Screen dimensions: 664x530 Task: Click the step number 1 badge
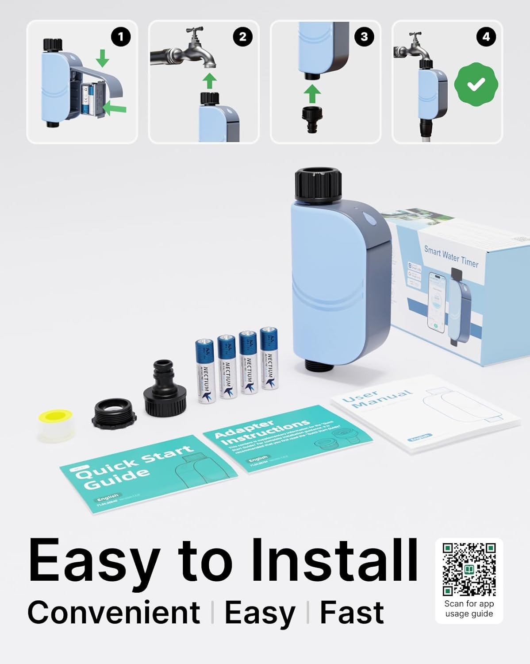point(121,37)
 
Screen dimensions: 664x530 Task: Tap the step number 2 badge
point(242,37)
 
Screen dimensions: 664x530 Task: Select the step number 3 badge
point(364,37)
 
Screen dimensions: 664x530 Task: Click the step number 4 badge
point(486,37)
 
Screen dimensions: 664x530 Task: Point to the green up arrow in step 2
point(211,81)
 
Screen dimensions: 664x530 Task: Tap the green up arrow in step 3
point(313,94)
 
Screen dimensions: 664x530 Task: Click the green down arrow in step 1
point(103,58)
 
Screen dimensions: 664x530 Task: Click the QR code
point(469,569)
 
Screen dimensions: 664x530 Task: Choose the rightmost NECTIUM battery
point(269,359)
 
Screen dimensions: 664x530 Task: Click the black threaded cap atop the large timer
point(318,183)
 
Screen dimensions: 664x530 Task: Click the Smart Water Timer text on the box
point(451,256)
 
